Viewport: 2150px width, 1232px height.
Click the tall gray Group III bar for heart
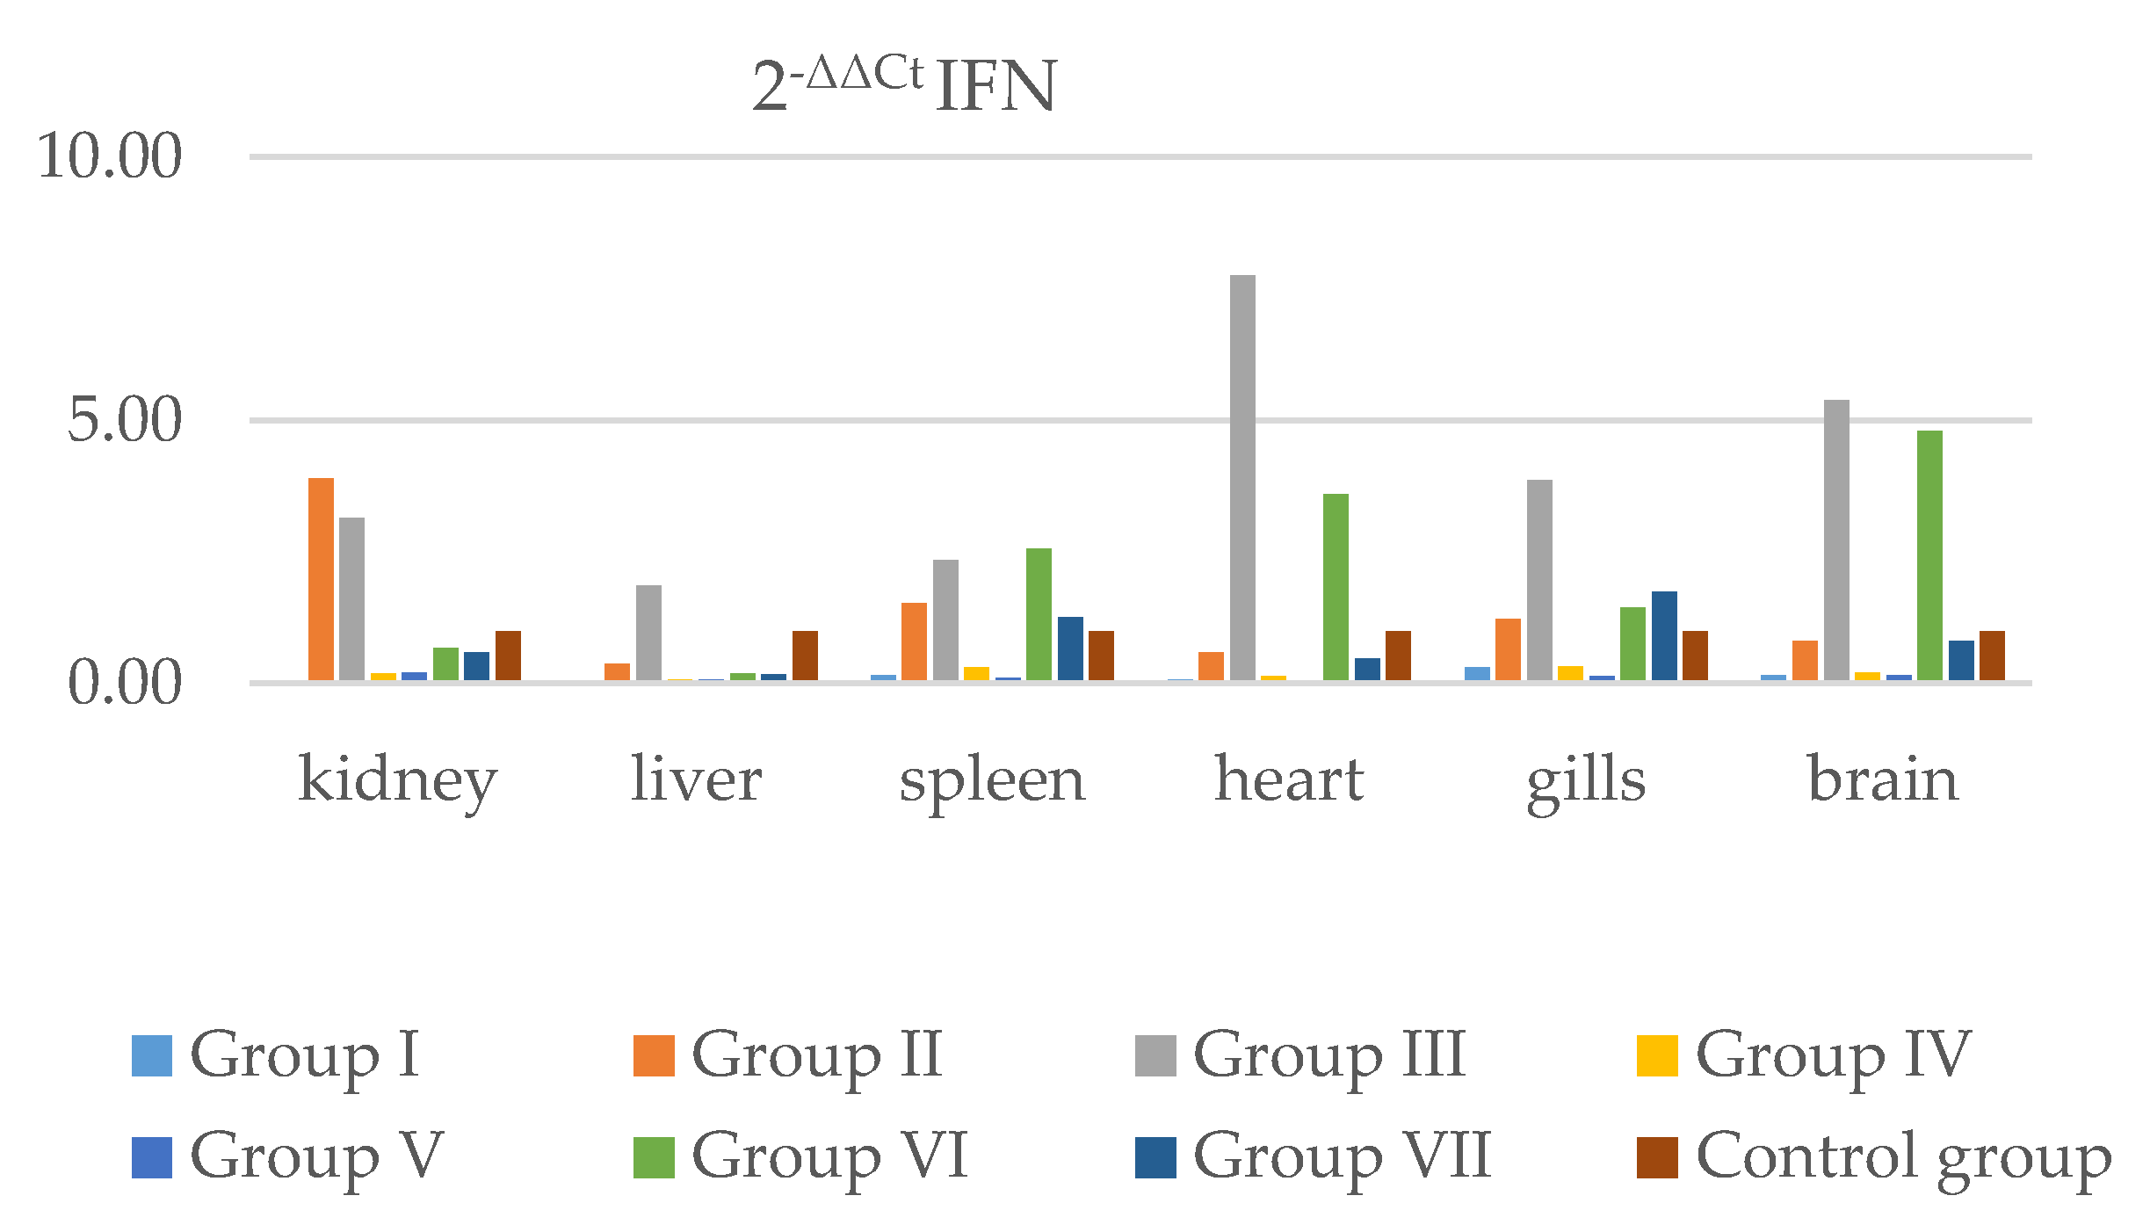[1242, 479]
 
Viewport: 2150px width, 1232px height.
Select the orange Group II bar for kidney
[321, 580]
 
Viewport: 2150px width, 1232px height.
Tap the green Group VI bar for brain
[1929, 556]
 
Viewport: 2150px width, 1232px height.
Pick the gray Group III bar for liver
[648, 634]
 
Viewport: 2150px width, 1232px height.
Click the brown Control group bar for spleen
[1101, 656]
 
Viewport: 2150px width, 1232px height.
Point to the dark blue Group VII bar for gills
[1664, 637]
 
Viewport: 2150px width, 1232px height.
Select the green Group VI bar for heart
[1336, 588]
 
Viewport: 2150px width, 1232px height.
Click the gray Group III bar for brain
[1836, 541]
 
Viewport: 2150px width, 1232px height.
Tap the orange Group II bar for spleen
[914, 642]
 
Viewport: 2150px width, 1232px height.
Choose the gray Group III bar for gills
[1539, 581]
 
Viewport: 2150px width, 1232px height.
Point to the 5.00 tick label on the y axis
[125, 420]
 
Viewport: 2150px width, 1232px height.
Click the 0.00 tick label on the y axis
[125, 683]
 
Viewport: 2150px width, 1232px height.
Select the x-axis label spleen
[992, 780]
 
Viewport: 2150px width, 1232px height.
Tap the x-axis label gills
[1586, 780]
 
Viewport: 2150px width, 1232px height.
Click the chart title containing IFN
[905, 86]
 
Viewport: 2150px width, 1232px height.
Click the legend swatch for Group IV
[1657, 1055]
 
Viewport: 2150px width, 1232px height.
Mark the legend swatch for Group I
[152, 1055]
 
